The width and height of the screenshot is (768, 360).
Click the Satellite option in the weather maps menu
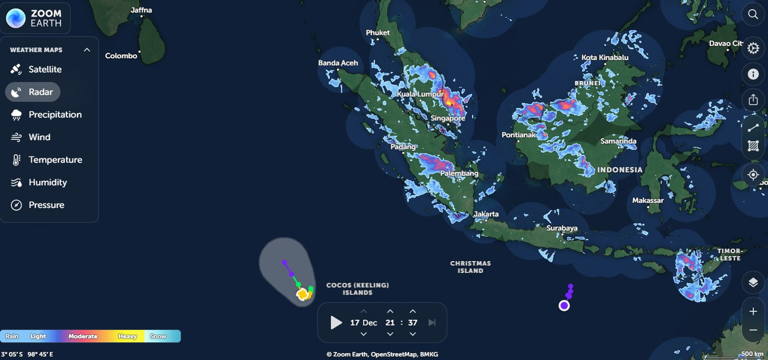44,70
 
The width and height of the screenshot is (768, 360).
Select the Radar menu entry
40,92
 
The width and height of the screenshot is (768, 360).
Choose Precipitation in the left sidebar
55,115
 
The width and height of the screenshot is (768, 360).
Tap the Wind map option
39,137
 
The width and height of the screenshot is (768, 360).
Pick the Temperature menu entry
55,160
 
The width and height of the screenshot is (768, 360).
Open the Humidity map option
47,182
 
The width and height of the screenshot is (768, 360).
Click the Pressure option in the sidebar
46,205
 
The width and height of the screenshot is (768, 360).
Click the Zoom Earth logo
35,18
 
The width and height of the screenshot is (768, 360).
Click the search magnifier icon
753,14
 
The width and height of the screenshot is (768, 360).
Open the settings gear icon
753,48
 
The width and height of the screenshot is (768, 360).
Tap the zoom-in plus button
753,311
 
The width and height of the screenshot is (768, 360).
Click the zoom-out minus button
753,330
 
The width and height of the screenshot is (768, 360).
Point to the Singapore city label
448,118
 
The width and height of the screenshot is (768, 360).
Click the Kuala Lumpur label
420,94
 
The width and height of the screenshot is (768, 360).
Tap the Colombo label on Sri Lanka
121,56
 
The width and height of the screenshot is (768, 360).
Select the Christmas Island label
470,267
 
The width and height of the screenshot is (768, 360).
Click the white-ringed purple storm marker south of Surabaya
564,305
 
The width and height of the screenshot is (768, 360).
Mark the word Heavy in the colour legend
127,337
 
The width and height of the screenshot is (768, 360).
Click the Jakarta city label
486,214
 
